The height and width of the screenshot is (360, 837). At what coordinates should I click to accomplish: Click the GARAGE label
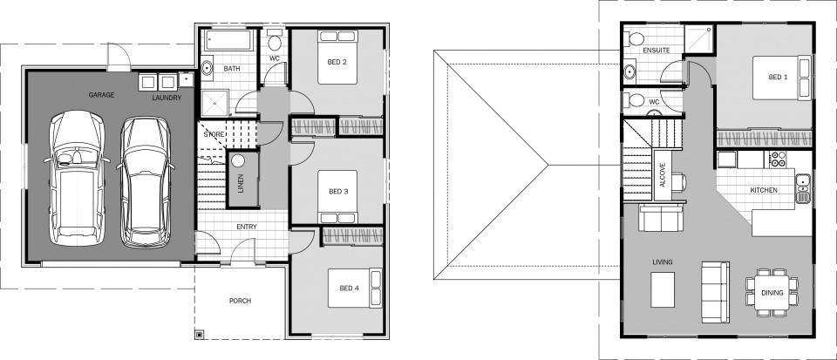click(x=102, y=93)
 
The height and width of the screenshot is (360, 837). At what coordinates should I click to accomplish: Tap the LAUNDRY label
click(x=167, y=98)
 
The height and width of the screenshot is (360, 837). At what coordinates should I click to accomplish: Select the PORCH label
click(x=240, y=301)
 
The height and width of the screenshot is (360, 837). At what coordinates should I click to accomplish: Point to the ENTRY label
click(x=246, y=228)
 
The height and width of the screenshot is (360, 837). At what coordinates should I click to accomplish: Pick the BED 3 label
click(x=338, y=192)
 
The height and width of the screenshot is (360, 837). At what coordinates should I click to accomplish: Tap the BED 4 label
click(x=349, y=289)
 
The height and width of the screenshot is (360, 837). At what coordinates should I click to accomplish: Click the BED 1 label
click(x=778, y=77)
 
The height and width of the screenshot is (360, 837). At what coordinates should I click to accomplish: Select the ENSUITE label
click(x=656, y=51)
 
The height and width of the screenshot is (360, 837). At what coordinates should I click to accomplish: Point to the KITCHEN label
click(x=764, y=190)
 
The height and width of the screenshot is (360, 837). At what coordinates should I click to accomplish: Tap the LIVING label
click(x=662, y=262)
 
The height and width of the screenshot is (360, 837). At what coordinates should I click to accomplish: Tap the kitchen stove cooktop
click(x=776, y=160)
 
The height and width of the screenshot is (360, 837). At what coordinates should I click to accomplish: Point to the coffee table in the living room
click(x=663, y=289)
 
